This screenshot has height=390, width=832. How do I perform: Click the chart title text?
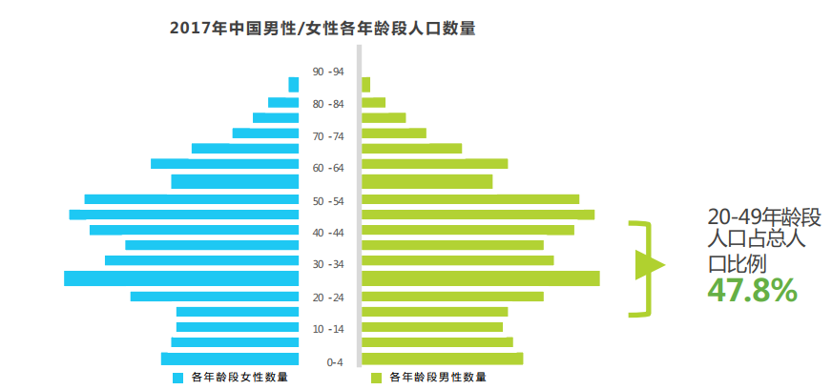[x=322, y=29]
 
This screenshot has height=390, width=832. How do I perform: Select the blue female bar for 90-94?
[x=294, y=85]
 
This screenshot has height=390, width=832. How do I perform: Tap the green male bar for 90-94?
[x=366, y=85]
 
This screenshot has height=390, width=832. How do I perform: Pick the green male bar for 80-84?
[x=374, y=102]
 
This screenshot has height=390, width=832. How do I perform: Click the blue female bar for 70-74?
[x=266, y=133]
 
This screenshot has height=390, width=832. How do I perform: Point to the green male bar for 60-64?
[x=434, y=164]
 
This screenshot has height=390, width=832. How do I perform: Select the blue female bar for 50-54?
[x=192, y=199]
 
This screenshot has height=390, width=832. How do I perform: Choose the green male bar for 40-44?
[x=468, y=230]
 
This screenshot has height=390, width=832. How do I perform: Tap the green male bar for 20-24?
[x=452, y=297]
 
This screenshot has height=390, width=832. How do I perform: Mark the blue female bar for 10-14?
[x=238, y=327]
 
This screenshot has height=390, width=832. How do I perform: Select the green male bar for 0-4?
[x=442, y=359]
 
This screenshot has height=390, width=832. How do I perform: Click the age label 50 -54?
[x=328, y=201]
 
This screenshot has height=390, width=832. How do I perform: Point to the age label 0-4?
[x=335, y=362]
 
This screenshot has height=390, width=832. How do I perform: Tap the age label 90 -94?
[x=328, y=72]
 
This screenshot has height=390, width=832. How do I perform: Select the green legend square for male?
[x=376, y=378]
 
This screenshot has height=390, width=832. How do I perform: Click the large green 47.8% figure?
[x=752, y=290]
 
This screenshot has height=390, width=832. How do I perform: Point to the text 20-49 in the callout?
[x=734, y=216]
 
